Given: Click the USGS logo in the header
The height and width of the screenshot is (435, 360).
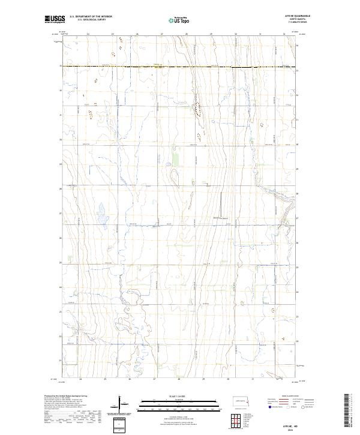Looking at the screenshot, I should (56, 20).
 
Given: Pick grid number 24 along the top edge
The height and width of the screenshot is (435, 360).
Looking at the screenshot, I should (88, 34).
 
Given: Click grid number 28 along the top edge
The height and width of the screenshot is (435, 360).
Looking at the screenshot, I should (187, 34).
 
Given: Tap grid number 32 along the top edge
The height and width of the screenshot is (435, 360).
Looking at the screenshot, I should (284, 34).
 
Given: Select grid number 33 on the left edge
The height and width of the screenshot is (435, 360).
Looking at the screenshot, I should (61, 66).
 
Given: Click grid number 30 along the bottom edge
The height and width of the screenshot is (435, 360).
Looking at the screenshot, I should (228, 379).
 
